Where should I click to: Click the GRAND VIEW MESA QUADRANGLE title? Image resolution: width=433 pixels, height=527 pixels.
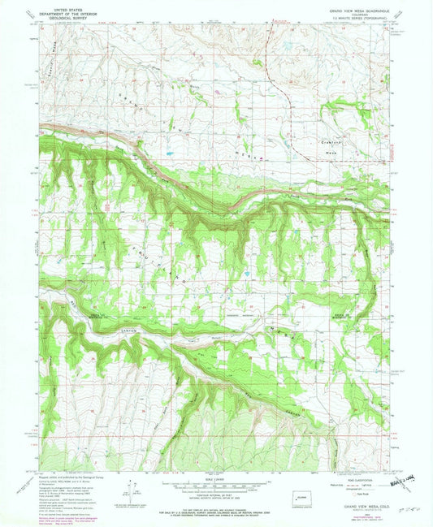(357, 10)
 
